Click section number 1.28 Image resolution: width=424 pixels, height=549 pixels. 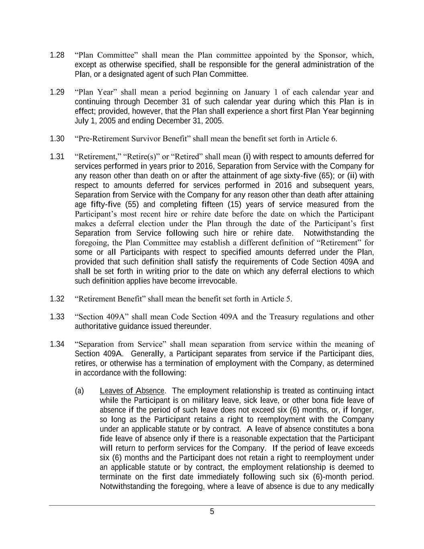coord(57,55)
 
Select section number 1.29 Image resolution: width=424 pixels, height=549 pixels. coord(57,92)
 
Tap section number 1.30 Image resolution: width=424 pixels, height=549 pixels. coord(57,139)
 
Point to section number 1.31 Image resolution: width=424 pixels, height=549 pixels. coord(57,156)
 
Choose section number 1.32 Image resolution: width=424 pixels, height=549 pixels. coord(57,299)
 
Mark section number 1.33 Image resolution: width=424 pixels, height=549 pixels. coord(57,317)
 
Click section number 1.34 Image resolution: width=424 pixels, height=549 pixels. coord(57,344)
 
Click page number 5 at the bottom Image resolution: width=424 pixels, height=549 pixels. coord(212,512)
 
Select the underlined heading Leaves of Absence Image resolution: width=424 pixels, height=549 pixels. coord(132,391)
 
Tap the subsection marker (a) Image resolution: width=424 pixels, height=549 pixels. coord(79,391)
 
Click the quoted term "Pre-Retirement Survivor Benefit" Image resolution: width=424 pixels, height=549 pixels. coord(133,139)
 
